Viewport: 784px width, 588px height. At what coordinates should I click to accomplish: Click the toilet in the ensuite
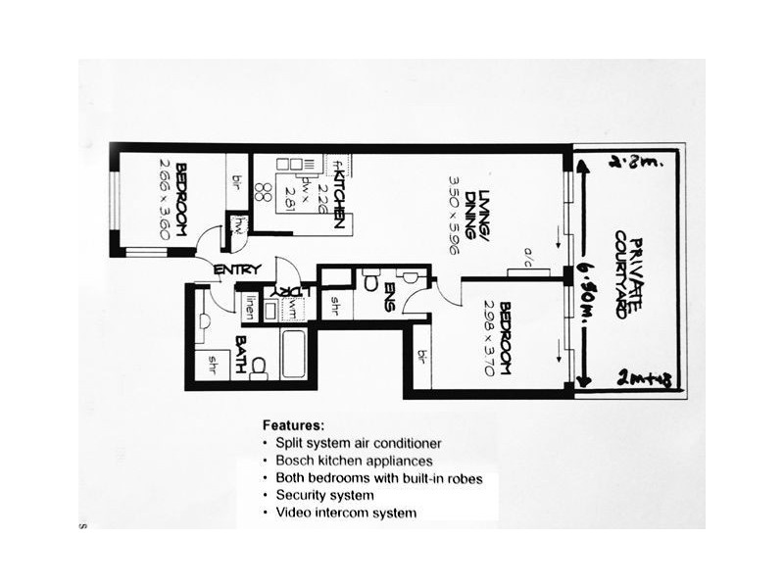(x=370, y=284)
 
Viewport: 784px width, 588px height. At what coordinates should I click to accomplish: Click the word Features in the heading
(x=293, y=426)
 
